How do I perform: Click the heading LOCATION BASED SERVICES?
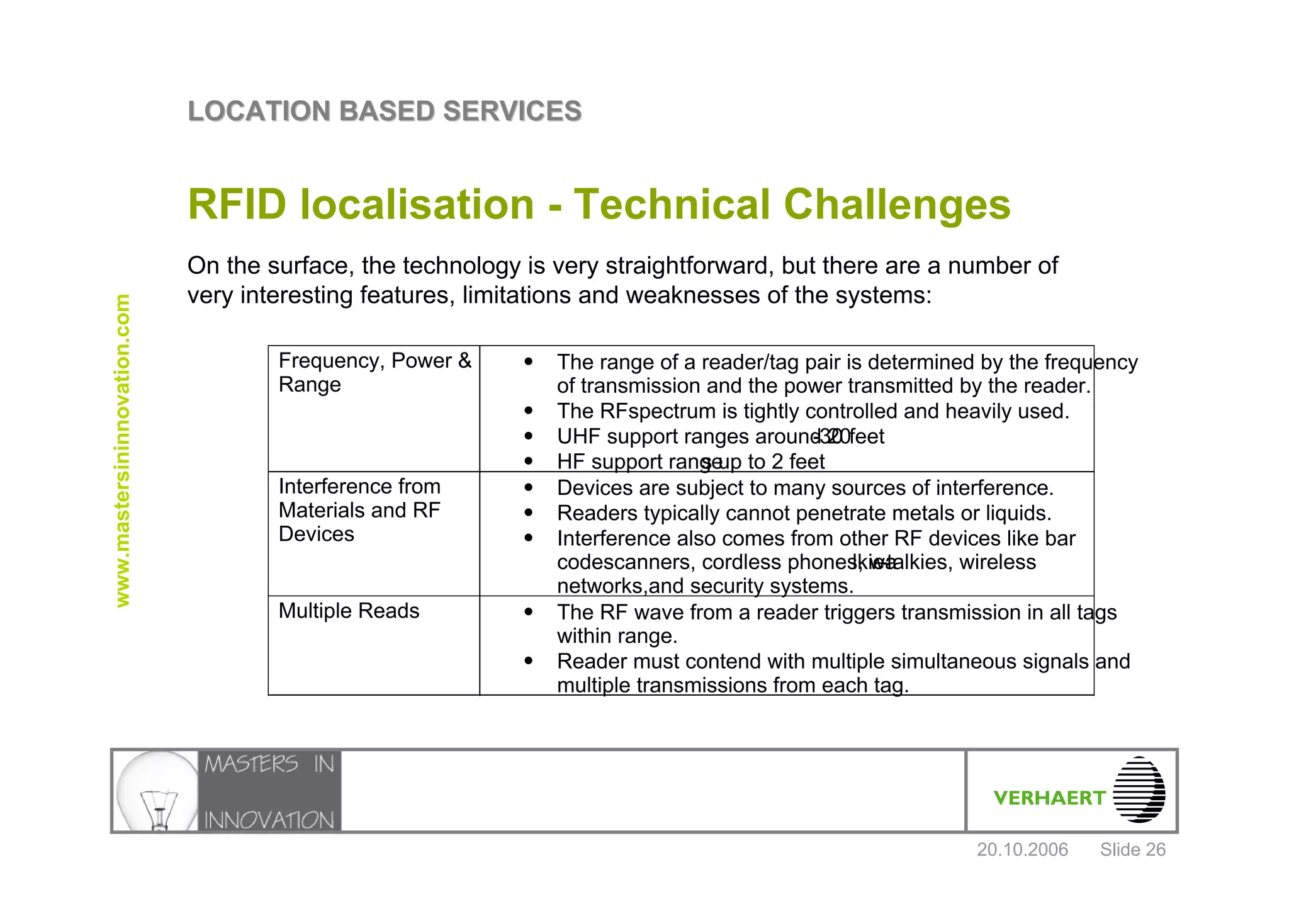pyautogui.click(x=385, y=111)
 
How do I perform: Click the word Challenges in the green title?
pyautogui.click(x=897, y=205)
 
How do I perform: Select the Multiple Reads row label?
pyautogui.click(x=349, y=611)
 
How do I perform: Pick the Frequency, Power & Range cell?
pyautogui.click(x=374, y=372)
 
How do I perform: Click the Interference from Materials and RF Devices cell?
pyautogui.click(x=359, y=510)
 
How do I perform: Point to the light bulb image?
pyautogui.click(x=156, y=791)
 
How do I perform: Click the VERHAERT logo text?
pyautogui.click(x=1049, y=798)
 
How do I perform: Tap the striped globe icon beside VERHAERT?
pyautogui.click(x=1139, y=789)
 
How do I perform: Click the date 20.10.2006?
pyautogui.click(x=1022, y=850)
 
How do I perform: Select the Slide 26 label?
pyautogui.click(x=1132, y=850)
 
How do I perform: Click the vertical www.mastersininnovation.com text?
pyautogui.click(x=123, y=451)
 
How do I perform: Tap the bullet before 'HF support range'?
pyautogui.click(x=529, y=461)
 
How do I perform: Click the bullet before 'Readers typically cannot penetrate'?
pyautogui.click(x=529, y=513)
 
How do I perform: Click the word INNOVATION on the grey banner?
pyautogui.click(x=269, y=820)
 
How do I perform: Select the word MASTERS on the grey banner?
pyautogui.click(x=251, y=764)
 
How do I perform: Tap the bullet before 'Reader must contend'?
pyautogui.click(x=529, y=661)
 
